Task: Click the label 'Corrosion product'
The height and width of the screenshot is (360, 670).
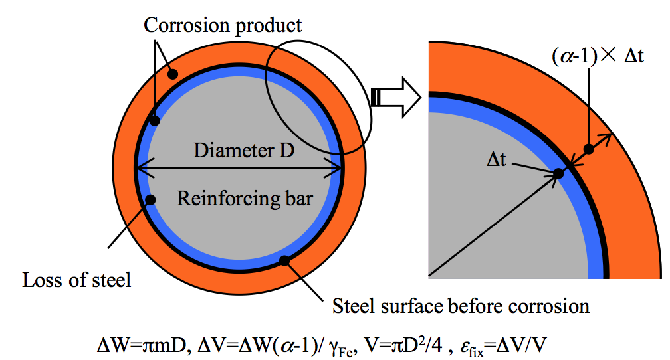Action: coord(223,25)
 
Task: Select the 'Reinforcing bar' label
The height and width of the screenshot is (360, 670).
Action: coord(245,198)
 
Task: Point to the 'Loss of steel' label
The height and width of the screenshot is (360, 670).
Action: coord(76,279)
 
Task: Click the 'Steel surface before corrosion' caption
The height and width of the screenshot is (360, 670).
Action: coord(460,306)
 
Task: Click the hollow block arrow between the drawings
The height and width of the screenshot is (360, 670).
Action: coord(397,98)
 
